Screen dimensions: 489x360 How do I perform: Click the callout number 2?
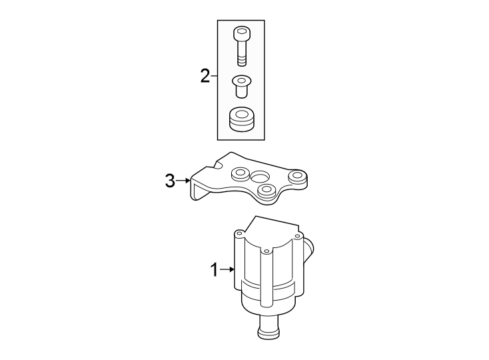205,76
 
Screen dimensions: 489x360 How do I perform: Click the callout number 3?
171,180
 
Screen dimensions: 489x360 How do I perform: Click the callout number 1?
214,270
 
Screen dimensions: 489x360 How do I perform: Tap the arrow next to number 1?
227,270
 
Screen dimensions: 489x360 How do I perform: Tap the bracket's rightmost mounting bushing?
297,177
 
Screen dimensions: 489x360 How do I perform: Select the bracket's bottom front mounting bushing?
267,192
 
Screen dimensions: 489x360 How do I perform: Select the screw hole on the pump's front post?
266,252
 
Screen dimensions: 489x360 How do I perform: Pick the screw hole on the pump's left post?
238,234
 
